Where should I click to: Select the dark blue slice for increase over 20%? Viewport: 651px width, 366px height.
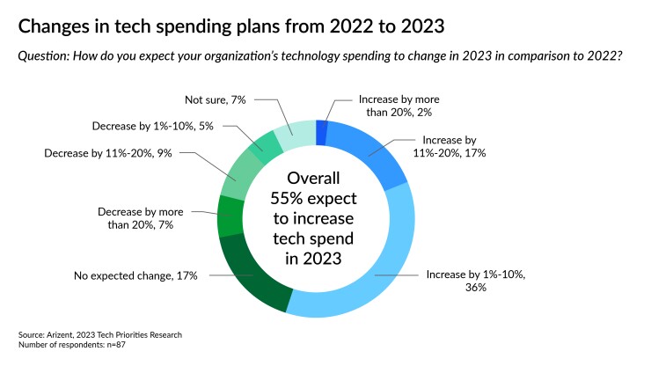[x=321, y=133]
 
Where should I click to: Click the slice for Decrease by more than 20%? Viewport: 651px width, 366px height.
[x=230, y=217]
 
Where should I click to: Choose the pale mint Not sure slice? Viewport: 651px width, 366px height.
[x=294, y=133]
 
